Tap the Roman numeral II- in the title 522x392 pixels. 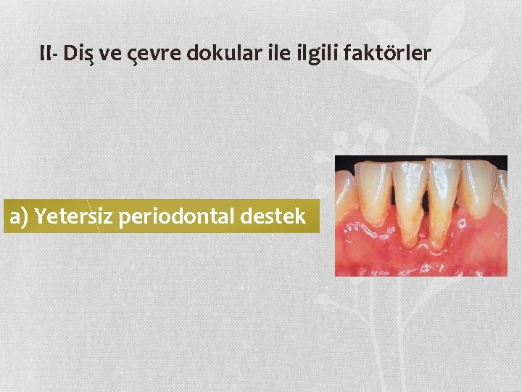pos(50,53)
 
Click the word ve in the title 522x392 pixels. pos(107,54)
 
